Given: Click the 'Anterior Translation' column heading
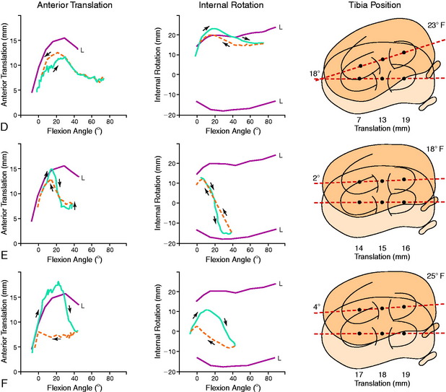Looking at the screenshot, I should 58,6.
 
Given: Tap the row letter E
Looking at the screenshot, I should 5,256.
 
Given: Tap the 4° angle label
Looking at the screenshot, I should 316,306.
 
